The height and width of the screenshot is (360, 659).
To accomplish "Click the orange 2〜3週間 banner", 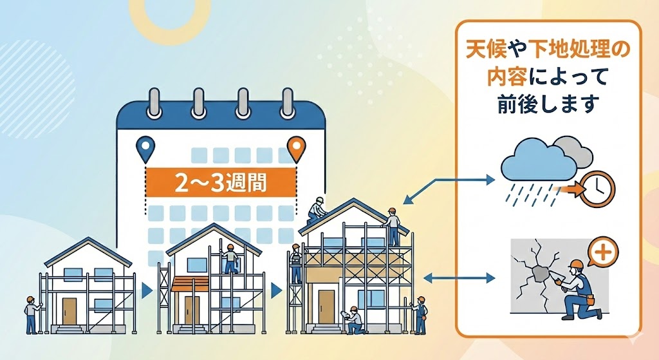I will [221, 182].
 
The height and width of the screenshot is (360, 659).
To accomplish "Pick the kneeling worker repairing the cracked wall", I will [580, 290].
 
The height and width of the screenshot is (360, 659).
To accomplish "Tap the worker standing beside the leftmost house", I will [30, 314].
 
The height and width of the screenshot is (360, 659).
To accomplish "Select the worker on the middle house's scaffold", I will [229, 260].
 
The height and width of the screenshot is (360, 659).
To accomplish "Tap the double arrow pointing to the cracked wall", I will [460, 278].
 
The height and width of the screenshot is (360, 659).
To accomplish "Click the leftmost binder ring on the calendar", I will [154, 102].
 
